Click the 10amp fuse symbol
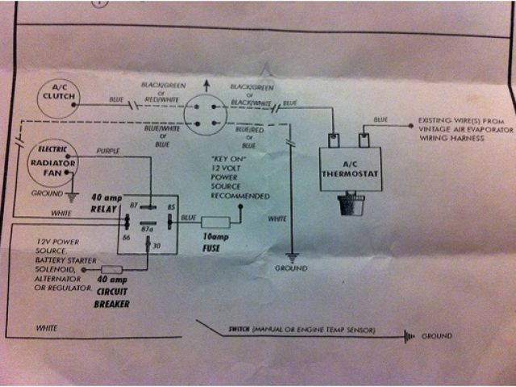(x=215, y=222)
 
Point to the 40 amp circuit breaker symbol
(x=110, y=270)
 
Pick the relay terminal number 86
(x=127, y=239)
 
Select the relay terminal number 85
(x=172, y=207)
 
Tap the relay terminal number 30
(x=156, y=246)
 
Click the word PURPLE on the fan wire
(x=108, y=151)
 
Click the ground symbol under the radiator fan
(x=72, y=193)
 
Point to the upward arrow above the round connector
(x=207, y=84)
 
